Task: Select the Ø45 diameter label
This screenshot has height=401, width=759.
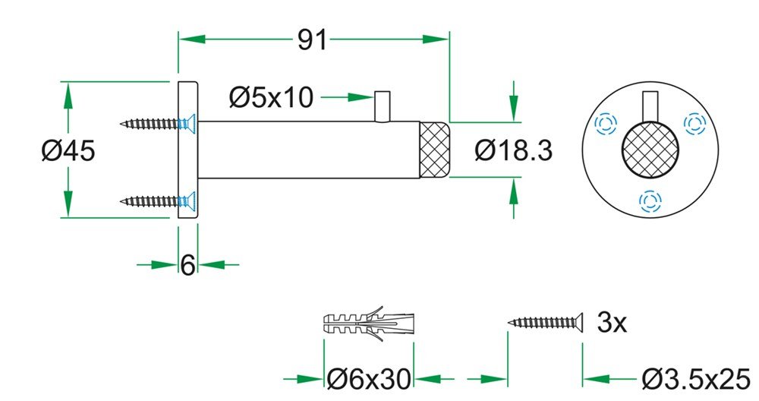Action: (68, 150)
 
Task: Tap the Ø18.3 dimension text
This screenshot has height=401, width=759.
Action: (513, 150)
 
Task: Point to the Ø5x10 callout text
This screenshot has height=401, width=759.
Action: (270, 97)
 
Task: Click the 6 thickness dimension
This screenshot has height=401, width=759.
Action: (187, 265)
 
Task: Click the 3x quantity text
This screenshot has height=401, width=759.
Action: (612, 324)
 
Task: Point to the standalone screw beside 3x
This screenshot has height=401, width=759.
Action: (544, 324)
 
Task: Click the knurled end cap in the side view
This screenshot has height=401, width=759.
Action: (435, 150)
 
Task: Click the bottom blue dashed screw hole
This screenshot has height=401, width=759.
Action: (650, 200)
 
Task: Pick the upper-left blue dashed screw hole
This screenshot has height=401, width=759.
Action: (605, 124)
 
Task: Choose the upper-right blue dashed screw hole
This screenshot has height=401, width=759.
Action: (693, 122)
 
